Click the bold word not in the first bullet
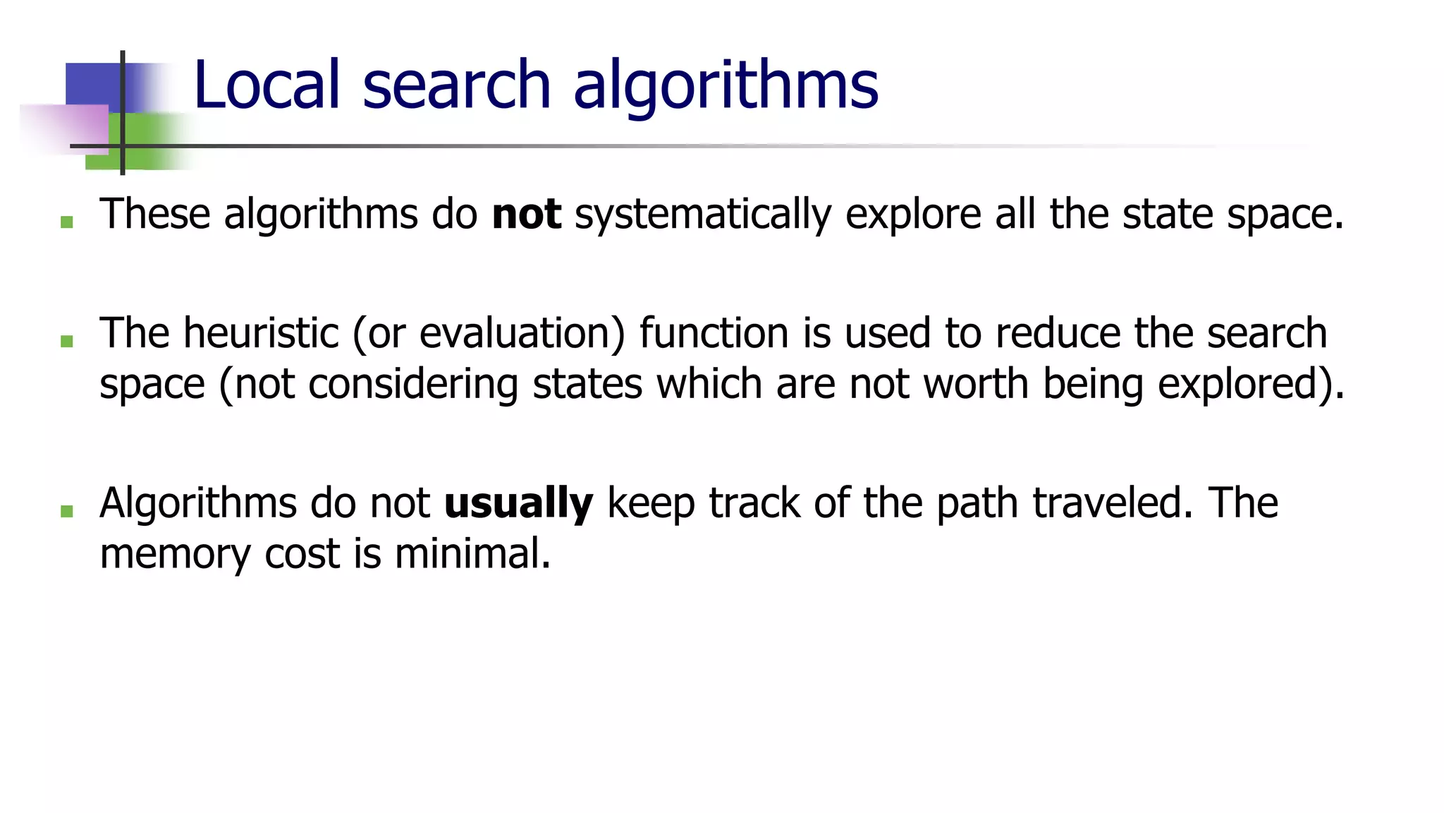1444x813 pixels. (x=526, y=214)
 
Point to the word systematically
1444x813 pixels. (x=703, y=215)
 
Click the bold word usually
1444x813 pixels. (x=518, y=504)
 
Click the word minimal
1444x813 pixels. (x=472, y=553)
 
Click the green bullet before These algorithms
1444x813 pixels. (x=67, y=222)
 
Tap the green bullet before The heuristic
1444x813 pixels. (x=67, y=342)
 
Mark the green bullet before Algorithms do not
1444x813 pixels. (x=67, y=511)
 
